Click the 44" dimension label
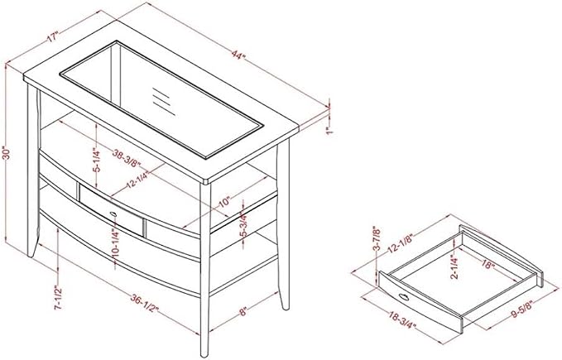tap(238, 55)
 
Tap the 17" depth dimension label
tap(52, 37)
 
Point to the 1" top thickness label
tap(329, 130)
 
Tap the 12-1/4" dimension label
tap(137, 180)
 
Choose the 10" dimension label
tap(223, 203)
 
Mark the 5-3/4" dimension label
tap(243, 224)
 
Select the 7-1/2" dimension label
tap(58, 297)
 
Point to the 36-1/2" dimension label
tap(145, 303)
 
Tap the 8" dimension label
tap(243, 311)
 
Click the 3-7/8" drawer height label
tap(377, 238)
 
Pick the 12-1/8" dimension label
tap(401, 243)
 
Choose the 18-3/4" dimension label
tap(402, 319)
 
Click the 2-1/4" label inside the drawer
tap(455, 266)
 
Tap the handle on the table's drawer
tap(114, 214)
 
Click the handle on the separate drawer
tap(404, 296)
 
